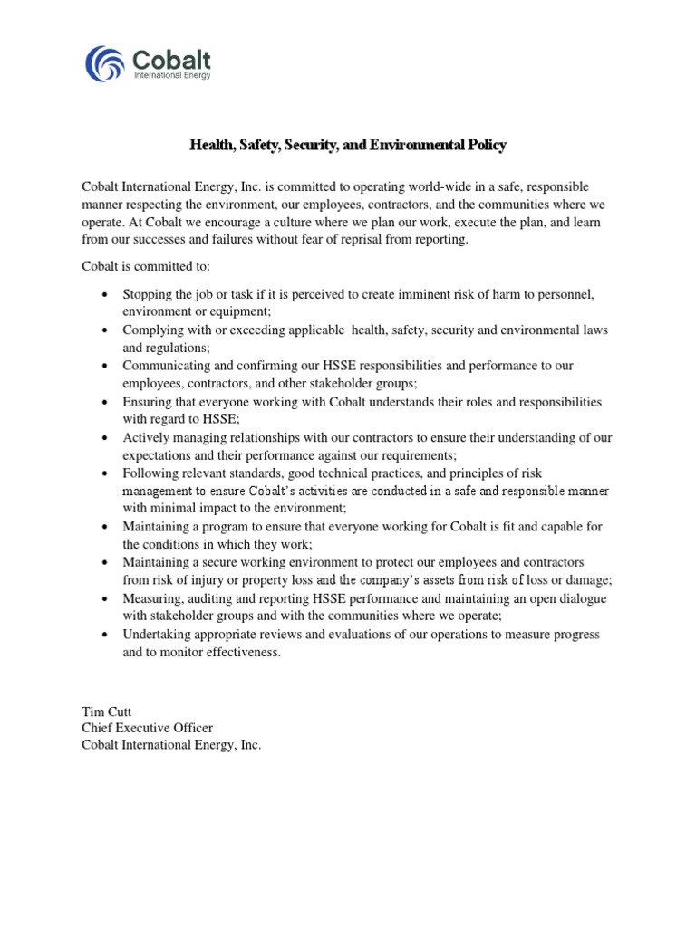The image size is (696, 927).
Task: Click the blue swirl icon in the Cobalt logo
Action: point(106,63)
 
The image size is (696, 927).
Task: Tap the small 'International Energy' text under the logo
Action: point(172,76)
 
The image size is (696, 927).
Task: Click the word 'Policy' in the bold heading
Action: point(484,145)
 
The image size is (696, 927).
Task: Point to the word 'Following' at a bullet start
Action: point(151,473)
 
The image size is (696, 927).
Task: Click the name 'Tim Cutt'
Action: point(106,711)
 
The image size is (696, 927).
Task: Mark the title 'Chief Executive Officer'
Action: point(148,728)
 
